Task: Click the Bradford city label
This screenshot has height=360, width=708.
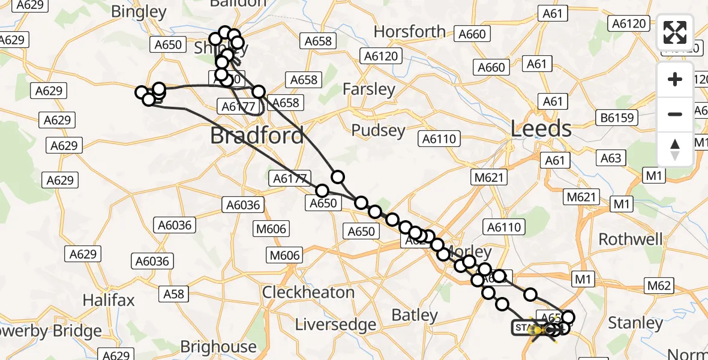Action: coord(257,136)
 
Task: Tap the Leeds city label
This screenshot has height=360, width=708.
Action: coord(541,128)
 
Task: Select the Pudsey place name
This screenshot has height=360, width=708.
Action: coord(379,130)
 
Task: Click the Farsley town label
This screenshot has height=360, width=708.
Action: coord(369,90)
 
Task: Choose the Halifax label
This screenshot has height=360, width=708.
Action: coord(109,300)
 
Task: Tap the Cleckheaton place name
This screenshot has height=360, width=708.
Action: coord(308,292)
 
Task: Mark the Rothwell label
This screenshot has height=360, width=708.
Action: coord(631,239)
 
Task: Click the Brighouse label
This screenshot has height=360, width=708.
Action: coord(218,347)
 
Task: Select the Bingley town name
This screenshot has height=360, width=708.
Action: coord(139,11)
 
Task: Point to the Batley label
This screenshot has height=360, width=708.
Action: coord(415,315)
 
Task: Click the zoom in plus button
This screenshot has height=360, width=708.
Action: coord(675,79)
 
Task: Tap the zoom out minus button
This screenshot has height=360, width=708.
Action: coord(675,114)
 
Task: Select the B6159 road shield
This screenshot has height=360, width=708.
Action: coord(617,118)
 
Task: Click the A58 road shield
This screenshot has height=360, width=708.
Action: coord(174,294)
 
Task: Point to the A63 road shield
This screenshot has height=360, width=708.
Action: coord(611,158)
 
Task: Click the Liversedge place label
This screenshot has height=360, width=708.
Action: coord(336,325)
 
